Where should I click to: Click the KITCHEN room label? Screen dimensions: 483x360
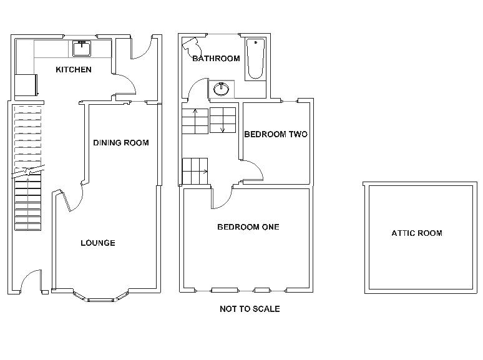(74, 70)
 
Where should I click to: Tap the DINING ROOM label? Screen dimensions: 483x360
(121, 143)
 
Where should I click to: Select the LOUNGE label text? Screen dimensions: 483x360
(98, 243)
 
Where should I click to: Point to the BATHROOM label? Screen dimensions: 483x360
(216, 59)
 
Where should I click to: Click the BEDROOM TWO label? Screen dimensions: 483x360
(276, 134)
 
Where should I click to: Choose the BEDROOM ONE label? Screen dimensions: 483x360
(248, 227)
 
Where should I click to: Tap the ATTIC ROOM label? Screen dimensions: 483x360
(417, 233)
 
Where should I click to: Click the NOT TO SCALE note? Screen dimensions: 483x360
(250, 309)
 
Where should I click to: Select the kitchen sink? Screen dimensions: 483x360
(82, 49)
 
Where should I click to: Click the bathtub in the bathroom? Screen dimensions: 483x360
(255, 59)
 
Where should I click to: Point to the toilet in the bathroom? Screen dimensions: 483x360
(192, 47)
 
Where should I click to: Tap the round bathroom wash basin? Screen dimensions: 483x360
(221, 89)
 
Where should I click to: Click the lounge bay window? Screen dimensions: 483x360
(101, 296)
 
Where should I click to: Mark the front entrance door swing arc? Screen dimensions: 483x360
(24, 277)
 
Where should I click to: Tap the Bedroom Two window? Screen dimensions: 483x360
(290, 101)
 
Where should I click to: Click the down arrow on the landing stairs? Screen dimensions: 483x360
(223, 125)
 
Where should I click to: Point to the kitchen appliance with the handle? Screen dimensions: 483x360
(26, 85)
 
